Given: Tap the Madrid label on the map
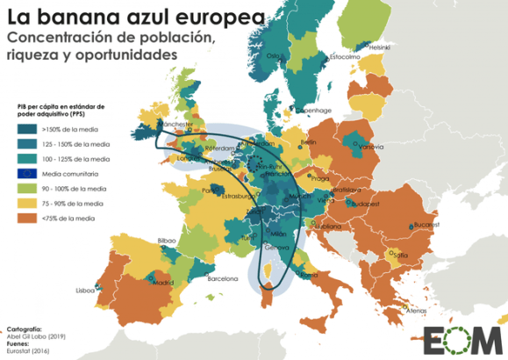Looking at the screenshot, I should [163, 284].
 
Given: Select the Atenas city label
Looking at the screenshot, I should [417, 310].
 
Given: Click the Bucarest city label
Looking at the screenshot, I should [426, 225].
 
